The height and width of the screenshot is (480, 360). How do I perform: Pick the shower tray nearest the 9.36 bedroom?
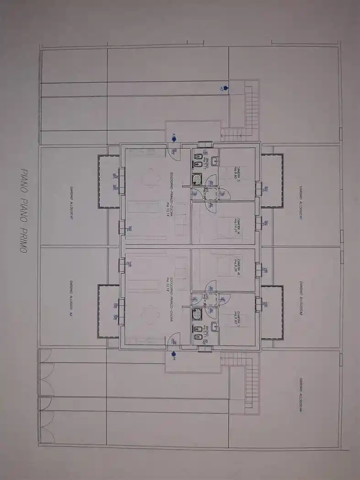(197, 314)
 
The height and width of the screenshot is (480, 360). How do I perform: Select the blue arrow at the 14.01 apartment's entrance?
(174, 136)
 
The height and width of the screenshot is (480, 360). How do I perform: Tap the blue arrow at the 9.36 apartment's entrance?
(174, 353)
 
